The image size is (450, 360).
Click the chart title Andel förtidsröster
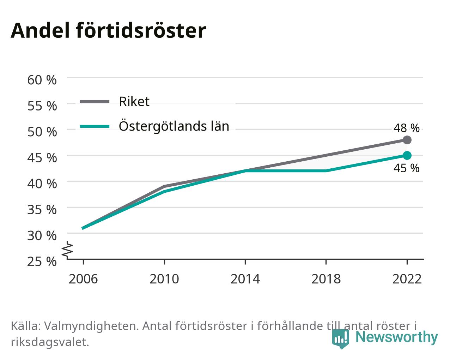pos(108,31)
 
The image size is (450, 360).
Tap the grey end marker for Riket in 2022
pos(407,140)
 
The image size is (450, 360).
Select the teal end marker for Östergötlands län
pos(407,156)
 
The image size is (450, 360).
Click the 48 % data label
pos(406,128)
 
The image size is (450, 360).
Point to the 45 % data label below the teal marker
pos(406,168)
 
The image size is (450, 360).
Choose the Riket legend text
pos(134,102)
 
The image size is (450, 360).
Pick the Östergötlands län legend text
pos(174,126)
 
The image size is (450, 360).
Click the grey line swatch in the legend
pos(95,102)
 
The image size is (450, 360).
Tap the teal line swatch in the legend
pos(95,126)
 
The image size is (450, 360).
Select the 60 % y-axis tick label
pos(42,80)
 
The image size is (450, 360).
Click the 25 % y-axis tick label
pos(42,262)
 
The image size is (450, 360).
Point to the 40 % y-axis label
pos(42,184)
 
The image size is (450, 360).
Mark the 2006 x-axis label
pos(83,279)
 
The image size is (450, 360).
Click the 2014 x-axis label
pos(245,279)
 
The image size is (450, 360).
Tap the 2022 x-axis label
pos(407,279)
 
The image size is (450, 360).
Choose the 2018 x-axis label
pos(326,279)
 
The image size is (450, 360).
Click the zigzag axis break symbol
pos(67,249)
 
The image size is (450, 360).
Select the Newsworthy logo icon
pos(341,338)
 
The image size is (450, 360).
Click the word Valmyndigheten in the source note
pos(91,326)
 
